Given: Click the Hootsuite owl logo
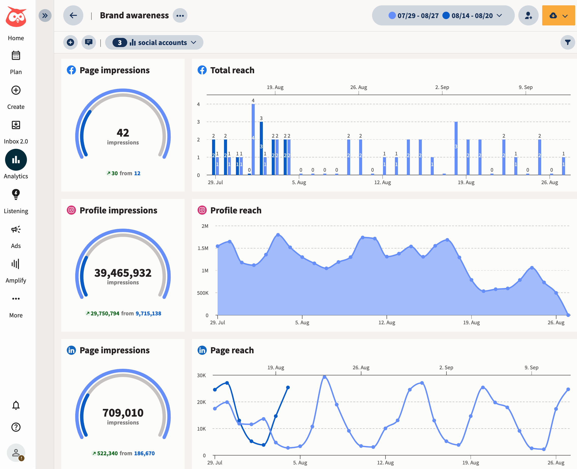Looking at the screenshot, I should click(16, 17).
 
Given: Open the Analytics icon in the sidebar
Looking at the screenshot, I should click(16, 160).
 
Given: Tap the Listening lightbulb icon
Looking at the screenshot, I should click(16, 194).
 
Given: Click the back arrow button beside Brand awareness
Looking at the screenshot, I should click(73, 16).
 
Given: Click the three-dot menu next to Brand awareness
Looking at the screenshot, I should click(180, 16).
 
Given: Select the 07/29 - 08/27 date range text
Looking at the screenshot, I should click(418, 16).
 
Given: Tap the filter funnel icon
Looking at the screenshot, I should click(568, 42).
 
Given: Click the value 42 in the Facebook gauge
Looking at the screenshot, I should click(123, 133).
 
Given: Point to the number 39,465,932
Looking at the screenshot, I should click(123, 273).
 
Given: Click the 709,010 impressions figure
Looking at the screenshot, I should click(123, 413).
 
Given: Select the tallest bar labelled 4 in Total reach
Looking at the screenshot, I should click(253, 139).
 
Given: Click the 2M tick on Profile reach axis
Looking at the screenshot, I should click(205, 226).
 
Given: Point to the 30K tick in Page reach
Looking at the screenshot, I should click(201, 375).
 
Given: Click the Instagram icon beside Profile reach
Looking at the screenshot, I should click(202, 210).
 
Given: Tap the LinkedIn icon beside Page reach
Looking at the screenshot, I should click(202, 350).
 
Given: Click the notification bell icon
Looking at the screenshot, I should click(16, 405).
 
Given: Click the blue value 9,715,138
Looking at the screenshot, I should click(148, 313).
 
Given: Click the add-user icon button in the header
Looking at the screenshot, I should click(528, 16).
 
